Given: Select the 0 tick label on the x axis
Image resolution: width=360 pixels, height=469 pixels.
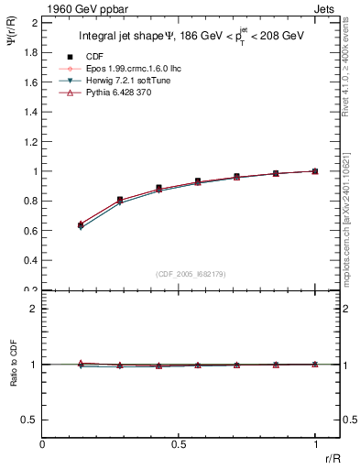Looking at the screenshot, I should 43,444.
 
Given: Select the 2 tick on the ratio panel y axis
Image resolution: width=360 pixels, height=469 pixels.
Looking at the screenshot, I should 33,309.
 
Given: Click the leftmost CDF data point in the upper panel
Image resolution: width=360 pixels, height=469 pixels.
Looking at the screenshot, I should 82,224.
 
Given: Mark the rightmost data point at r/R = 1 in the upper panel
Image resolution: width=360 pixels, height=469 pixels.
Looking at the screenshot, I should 314,170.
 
